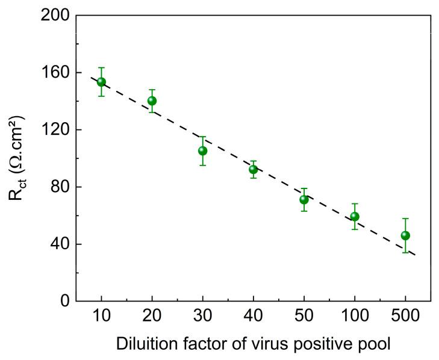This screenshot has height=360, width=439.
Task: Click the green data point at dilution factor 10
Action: point(101,82)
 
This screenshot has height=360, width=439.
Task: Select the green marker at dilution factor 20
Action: point(152,101)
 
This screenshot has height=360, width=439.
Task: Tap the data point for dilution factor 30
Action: point(203,151)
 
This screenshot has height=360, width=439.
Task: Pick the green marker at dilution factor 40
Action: point(254,169)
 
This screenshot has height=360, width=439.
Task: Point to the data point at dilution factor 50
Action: point(304,199)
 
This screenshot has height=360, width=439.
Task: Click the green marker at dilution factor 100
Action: point(355,216)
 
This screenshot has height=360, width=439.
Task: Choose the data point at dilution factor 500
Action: point(405,235)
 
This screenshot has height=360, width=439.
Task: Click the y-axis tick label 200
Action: point(55,15)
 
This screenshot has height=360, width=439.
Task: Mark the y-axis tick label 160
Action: point(55,72)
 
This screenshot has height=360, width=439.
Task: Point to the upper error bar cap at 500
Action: point(405,219)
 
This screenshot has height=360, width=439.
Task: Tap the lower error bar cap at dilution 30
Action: point(203,165)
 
